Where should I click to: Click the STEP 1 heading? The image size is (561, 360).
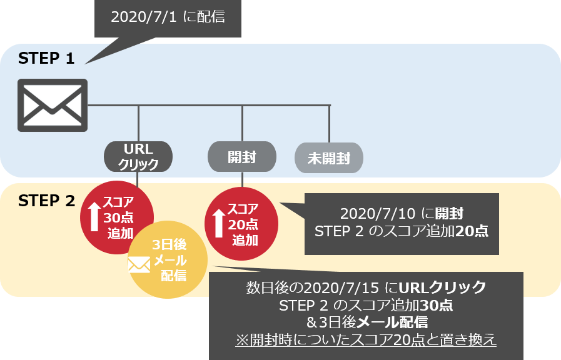tap(46, 59)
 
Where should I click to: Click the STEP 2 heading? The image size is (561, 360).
tap(46, 201)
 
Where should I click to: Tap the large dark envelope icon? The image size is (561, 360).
tap(52, 105)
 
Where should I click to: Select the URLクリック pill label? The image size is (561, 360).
tap(138, 156)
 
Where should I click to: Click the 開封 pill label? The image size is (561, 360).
tap(241, 156)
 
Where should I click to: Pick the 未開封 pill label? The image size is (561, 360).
tap(328, 159)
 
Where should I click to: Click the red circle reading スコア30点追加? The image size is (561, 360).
tap(117, 212)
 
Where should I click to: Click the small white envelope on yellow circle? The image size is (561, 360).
tap(139, 266)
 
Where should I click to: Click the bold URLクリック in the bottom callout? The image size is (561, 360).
tap(442, 288)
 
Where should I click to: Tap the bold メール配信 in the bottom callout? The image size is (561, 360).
tap(400, 322)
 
